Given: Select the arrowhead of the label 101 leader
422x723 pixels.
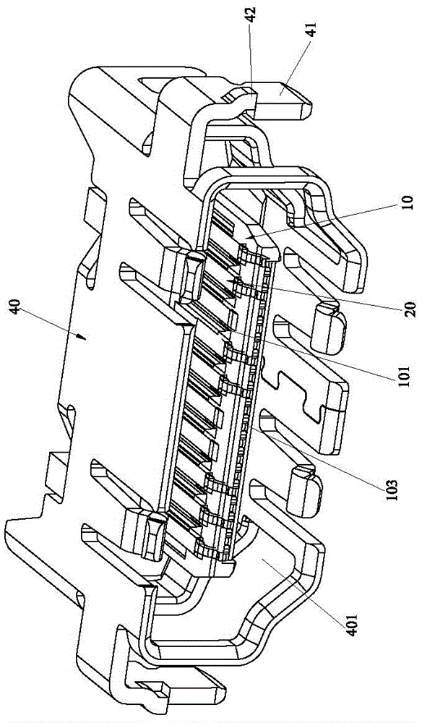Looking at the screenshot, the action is [223, 329].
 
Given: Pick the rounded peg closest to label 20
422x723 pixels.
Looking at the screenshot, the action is [329, 328].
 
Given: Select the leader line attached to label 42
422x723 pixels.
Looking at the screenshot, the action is [251, 58].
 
